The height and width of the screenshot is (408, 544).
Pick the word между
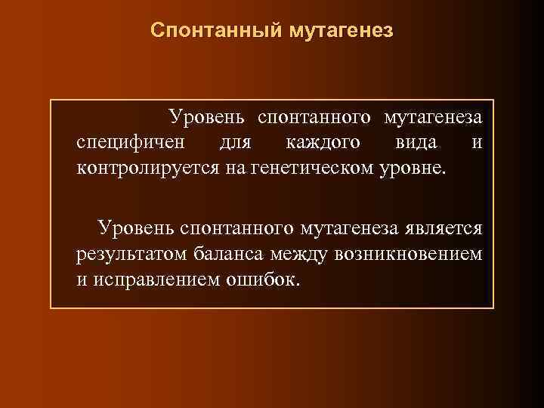pos(300,253)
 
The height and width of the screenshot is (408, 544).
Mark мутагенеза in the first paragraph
pos(433,117)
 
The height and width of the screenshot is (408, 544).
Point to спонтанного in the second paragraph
pos(239,228)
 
